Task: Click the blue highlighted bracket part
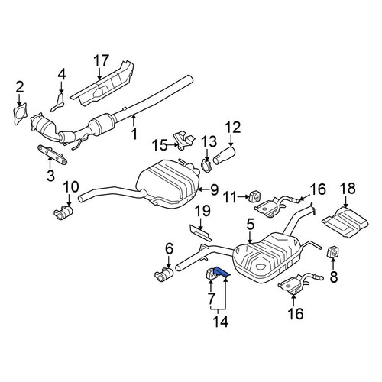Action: click(221, 273)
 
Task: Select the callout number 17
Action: click(101, 60)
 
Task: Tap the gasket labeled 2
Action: click(20, 114)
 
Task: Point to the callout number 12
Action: click(232, 128)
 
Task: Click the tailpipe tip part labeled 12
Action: click(224, 155)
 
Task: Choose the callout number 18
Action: click(348, 189)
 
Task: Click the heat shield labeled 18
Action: click(345, 222)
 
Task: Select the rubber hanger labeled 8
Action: click(333, 251)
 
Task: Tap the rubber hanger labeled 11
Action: click(254, 196)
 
